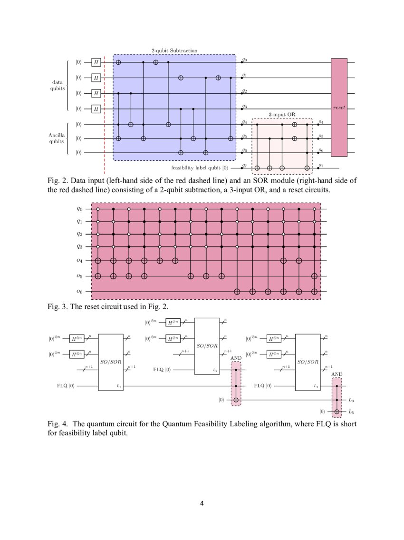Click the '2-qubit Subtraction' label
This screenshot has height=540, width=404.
(x=174, y=50)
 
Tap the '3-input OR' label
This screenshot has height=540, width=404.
(x=281, y=115)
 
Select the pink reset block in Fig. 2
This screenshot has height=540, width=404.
(x=339, y=108)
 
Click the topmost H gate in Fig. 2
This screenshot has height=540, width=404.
(x=96, y=62)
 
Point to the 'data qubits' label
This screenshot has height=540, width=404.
(x=58, y=86)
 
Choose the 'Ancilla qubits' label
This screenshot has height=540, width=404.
(x=58, y=138)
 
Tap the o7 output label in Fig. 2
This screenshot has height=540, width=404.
(x=321, y=166)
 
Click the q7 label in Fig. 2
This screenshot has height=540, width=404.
(x=244, y=166)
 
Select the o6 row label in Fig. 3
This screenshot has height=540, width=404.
(x=79, y=291)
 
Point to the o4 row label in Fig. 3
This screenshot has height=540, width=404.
(x=79, y=261)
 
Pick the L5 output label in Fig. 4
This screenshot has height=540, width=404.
(x=351, y=411)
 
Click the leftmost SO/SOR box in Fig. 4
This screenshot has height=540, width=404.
(x=111, y=362)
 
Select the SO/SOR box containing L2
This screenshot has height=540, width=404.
(x=207, y=346)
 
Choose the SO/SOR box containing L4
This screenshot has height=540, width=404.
(x=308, y=362)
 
